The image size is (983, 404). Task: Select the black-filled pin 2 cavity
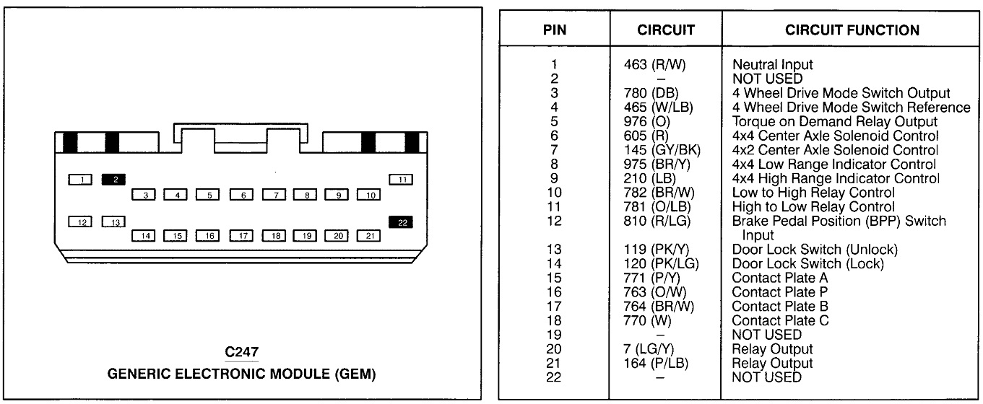tap(114, 179)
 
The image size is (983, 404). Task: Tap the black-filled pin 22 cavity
tap(401, 222)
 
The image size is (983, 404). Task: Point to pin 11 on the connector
tap(401, 179)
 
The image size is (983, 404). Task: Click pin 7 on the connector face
tap(274, 195)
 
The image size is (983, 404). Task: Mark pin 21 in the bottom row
tap(369, 235)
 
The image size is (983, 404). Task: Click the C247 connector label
tap(242, 353)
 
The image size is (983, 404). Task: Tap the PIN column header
tap(555, 30)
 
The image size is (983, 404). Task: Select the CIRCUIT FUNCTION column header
tap(852, 30)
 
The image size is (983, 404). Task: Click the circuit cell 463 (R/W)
tap(655, 65)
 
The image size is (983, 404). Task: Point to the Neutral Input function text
tap(772, 65)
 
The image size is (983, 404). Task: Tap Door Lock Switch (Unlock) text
tap(815, 250)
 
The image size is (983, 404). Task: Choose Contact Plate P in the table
tap(780, 292)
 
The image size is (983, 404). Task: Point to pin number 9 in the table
tap(555, 178)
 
